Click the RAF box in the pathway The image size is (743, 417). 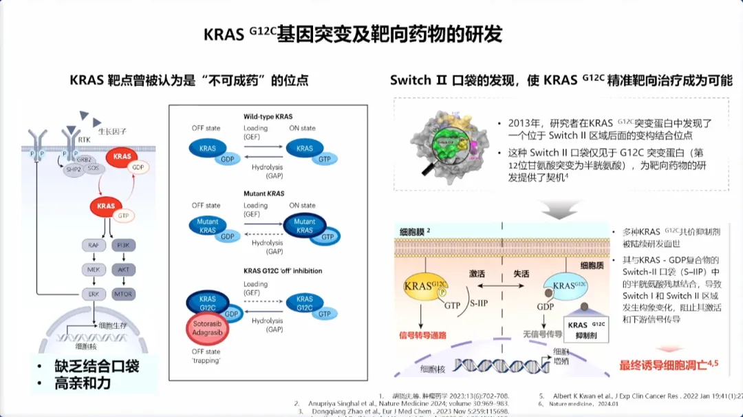click(94, 245)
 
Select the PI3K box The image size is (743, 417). click(123, 245)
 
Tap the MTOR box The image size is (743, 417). click(123, 294)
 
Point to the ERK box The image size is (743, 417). click(94, 294)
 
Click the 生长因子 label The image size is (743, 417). click(112, 131)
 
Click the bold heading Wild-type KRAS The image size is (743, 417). click(268, 116)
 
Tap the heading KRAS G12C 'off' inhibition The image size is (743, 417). click(283, 270)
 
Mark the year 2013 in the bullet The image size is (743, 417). click(523, 123)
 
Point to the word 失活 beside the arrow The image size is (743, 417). click(521, 274)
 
